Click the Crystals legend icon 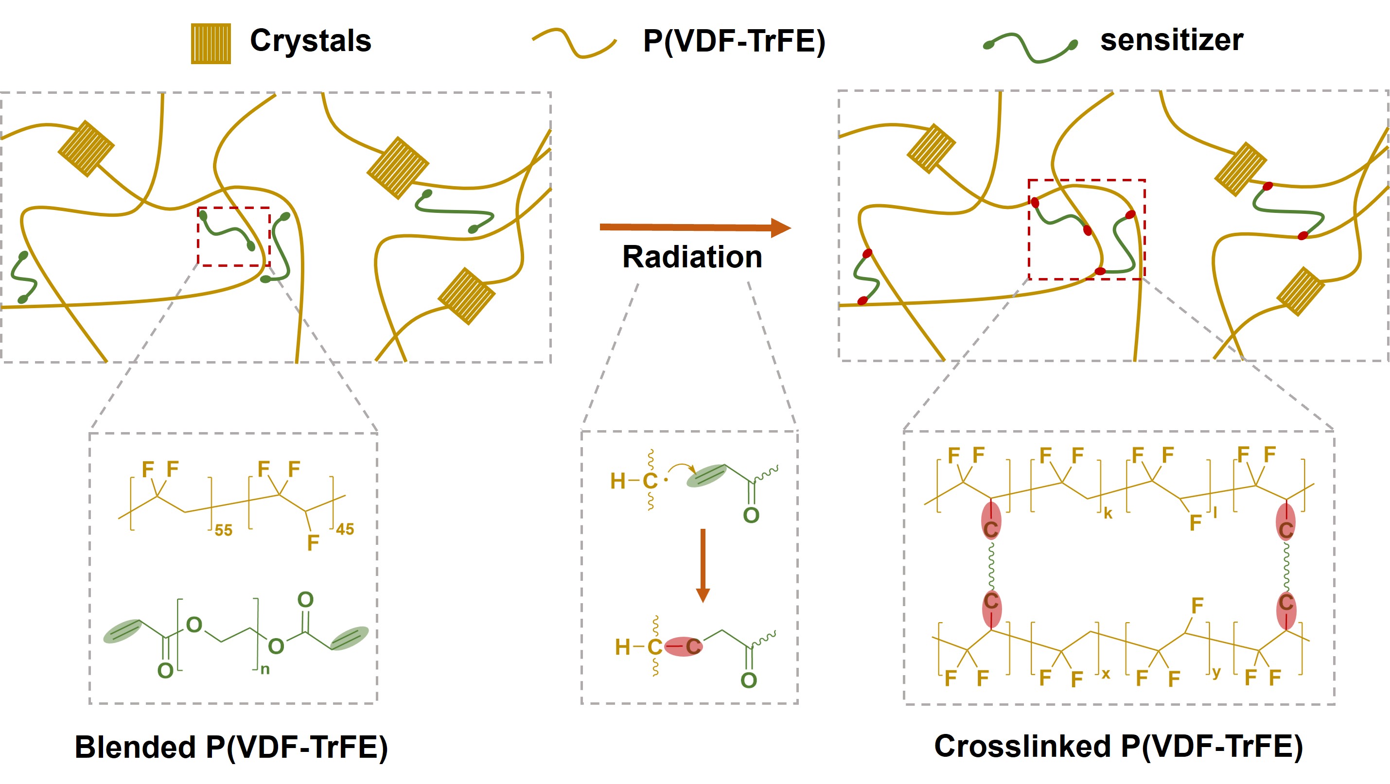pyautogui.click(x=211, y=43)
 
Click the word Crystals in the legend pyautogui.click(x=310, y=40)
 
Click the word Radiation pyautogui.click(x=692, y=257)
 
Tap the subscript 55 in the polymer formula pyautogui.click(x=223, y=530)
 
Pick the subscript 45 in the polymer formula pyautogui.click(x=345, y=529)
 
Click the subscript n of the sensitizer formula pyautogui.click(x=265, y=670)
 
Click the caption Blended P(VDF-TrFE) pyautogui.click(x=231, y=748)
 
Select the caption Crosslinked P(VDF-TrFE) pyautogui.click(x=1118, y=746)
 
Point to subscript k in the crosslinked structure pyautogui.click(x=1108, y=513)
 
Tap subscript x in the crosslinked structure pyautogui.click(x=1106, y=673)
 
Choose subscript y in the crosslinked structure pyautogui.click(x=1216, y=672)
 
